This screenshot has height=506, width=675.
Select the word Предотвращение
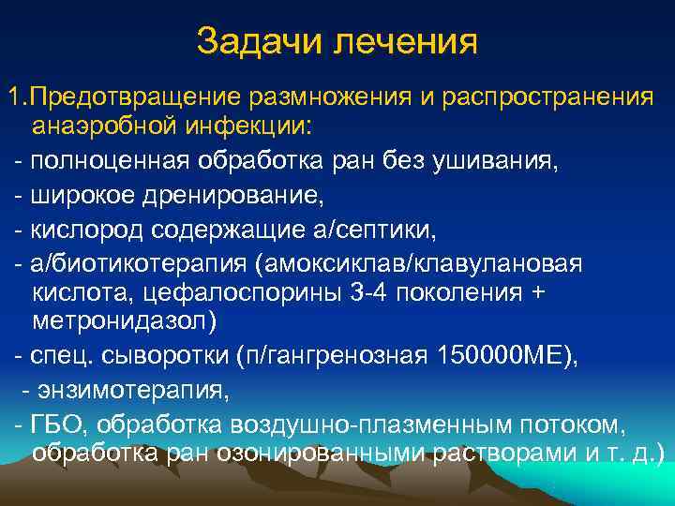pos(139,97)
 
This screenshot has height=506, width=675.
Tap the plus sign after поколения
pos(535,293)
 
